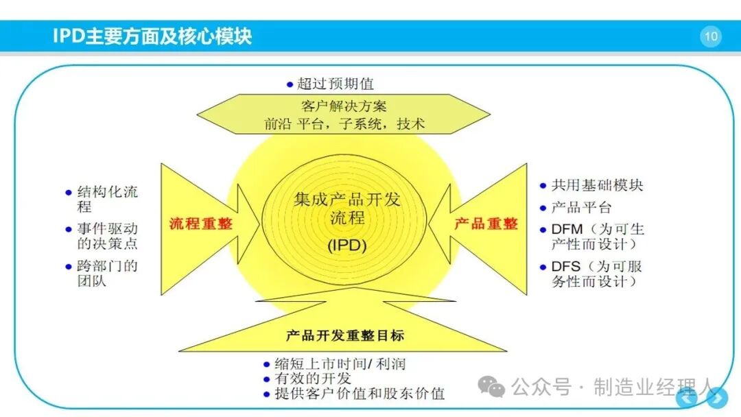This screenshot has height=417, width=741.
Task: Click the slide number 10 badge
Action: pos(711,36)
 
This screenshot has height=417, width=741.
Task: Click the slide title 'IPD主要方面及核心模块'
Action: pos(152,36)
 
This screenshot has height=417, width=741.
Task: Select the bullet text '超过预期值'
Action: pos(336,84)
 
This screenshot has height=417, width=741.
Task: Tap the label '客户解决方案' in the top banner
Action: pos(344,106)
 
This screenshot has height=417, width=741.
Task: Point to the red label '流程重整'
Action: pos(201,224)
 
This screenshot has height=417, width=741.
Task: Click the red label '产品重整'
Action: pos(486,224)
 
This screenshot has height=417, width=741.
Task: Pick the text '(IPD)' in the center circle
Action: pos(347,245)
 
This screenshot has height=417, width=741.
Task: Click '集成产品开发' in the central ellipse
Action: pos(347,200)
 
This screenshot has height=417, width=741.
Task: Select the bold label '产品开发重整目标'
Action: pos(345,335)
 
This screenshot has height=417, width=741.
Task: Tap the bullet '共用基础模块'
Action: pos(598,185)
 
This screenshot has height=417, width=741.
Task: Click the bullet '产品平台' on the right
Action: pos(582,207)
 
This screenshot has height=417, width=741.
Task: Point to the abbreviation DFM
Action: pos(567,229)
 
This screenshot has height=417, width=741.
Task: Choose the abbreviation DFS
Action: pos(565,266)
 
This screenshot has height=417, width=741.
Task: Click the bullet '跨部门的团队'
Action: pos(107,274)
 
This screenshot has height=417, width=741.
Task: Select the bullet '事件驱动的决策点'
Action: pos(107,236)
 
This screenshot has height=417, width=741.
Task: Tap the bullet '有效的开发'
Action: pos(313,379)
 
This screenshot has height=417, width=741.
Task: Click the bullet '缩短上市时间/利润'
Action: pos(340,364)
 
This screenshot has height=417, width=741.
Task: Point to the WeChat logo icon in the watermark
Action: pos(491,387)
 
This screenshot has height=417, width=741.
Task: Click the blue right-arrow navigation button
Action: pos(717,398)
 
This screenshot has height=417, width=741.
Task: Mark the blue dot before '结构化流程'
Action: pos(69,193)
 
